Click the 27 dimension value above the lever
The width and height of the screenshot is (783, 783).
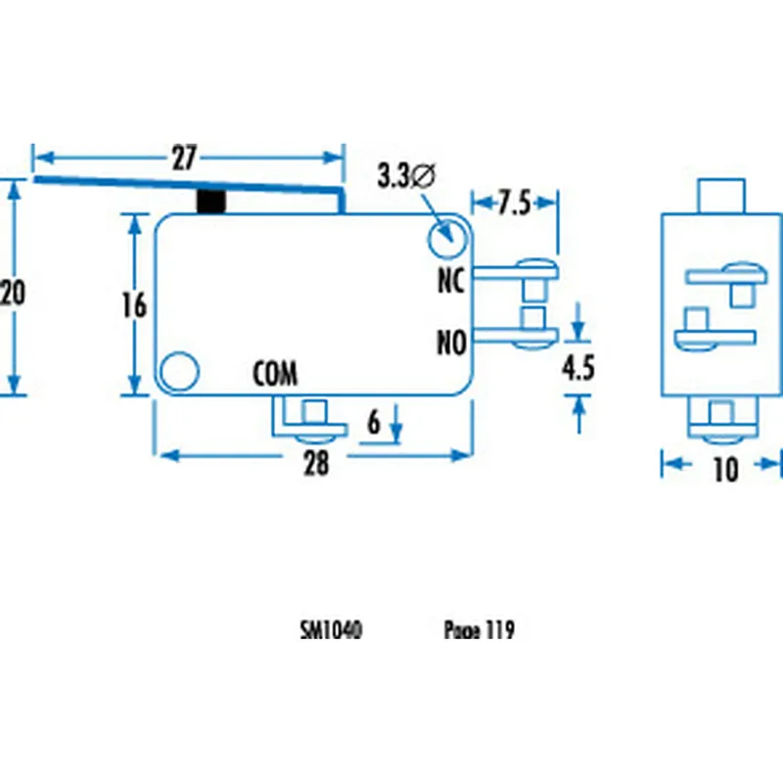(185, 158)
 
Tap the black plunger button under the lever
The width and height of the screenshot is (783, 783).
(210, 202)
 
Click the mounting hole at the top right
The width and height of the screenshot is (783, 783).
(446, 236)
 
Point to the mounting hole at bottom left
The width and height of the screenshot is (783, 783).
(178, 371)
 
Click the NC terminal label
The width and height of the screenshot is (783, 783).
(449, 282)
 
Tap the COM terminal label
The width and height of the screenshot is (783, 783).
(275, 374)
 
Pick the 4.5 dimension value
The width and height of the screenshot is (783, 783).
(578, 369)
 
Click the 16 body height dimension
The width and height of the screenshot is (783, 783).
(133, 305)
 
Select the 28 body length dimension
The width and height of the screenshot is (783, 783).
(315, 465)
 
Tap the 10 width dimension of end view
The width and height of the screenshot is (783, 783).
(724, 471)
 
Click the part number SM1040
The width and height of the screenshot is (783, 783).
(331, 631)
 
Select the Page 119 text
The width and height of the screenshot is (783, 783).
(479, 631)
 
